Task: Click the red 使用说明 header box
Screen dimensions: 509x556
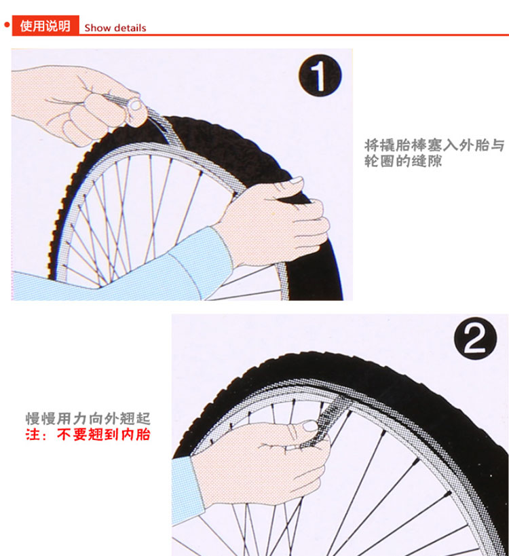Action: coord(45,25)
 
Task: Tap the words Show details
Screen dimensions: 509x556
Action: coord(115,28)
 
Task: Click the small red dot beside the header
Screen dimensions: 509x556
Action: coord(6,25)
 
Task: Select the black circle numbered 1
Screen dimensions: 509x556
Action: coord(320,75)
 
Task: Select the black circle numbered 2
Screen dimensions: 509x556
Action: coord(475,338)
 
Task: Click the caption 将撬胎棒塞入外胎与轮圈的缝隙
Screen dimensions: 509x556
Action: coord(434,153)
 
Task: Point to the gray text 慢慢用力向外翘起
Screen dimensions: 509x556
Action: coord(88,419)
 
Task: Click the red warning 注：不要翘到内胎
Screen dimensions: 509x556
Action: coord(88,434)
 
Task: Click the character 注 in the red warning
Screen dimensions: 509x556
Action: coord(33,434)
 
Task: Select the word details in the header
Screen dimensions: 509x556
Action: coord(130,28)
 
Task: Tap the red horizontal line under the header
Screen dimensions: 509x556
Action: coord(294,35)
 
